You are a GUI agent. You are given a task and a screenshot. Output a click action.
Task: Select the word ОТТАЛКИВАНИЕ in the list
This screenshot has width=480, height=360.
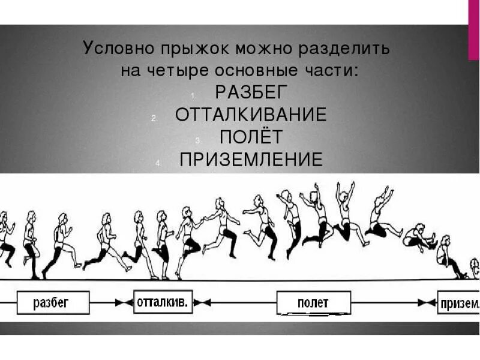pyautogui.click(x=251, y=115)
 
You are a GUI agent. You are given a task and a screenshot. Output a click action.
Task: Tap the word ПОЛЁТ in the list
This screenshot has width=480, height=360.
pyautogui.click(x=251, y=137)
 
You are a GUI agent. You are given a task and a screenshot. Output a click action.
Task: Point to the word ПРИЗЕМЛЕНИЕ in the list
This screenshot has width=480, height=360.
pyautogui.click(x=251, y=160)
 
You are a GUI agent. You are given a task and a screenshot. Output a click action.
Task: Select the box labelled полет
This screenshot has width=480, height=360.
pyautogui.click(x=313, y=302)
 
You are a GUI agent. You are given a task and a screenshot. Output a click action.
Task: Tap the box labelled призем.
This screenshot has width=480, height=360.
pyautogui.click(x=459, y=302)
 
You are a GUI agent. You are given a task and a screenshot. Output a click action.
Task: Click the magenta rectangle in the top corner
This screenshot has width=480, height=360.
pyautogui.click(x=473, y=29)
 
